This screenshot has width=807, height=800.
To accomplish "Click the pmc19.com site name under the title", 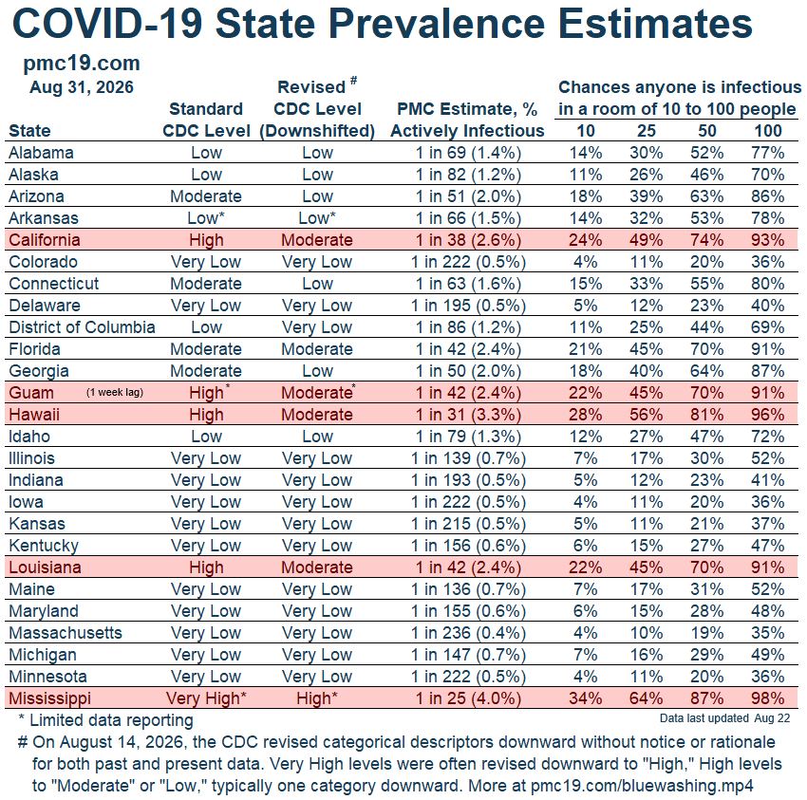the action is [x=82, y=64].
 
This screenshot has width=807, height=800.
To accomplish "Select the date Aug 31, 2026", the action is [x=82, y=87].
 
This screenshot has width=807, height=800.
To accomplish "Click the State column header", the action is [x=29, y=131].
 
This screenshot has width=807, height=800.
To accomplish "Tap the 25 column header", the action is [x=646, y=131].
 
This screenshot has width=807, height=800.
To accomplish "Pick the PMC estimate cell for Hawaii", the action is [x=468, y=415].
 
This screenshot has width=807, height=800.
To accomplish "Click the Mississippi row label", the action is [x=49, y=698].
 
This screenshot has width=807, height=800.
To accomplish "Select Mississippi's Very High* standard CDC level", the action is [x=206, y=698].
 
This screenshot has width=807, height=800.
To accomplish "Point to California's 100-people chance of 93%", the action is [x=767, y=240].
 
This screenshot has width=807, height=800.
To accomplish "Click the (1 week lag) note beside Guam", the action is [x=115, y=393].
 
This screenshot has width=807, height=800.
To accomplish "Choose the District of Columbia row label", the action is [x=82, y=327].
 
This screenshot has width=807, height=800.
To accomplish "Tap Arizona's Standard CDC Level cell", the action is [x=206, y=196].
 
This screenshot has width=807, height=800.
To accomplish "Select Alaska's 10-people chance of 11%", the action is [x=585, y=175].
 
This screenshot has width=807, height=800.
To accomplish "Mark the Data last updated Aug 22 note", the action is [x=724, y=718].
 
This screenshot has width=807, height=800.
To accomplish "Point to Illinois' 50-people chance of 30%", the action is [x=706, y=458].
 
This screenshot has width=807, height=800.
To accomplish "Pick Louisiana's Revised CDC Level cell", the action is [x=317, y=567].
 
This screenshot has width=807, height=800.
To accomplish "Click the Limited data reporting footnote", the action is [x=105, y=720].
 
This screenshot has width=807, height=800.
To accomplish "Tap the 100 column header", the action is [x=768, y=131].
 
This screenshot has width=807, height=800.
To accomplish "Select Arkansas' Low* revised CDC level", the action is [x=317, y=218].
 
